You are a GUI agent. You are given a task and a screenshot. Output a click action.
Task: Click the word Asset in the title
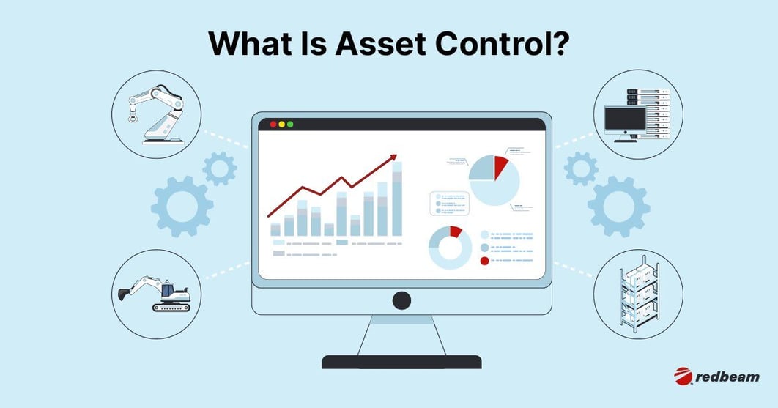tap(380, 44)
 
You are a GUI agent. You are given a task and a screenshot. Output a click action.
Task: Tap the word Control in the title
tap(502, 44)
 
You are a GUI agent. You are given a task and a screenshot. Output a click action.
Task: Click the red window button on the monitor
tap(273, 124)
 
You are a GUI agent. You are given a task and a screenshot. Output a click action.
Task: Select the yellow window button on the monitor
tap(282, 124)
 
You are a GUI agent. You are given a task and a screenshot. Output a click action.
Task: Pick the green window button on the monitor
tap(290, 124)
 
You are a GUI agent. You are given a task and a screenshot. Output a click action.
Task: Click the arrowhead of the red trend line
tap(393, 157)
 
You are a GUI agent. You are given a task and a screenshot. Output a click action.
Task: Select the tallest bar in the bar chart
tap(397, 199)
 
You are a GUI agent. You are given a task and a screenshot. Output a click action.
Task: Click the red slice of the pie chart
tap(500, 166)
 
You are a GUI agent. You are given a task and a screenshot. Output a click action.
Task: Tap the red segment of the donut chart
tap(456, 231)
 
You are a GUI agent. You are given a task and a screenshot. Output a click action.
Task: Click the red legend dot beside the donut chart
tap(484, 261)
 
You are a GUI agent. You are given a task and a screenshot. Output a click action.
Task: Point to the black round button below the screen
tap(401, 301)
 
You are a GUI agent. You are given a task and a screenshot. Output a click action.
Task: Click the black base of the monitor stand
tap(401, 362)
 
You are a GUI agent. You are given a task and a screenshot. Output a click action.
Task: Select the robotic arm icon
tap(156, 114)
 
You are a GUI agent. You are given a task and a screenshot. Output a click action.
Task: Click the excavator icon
tap(155, 294)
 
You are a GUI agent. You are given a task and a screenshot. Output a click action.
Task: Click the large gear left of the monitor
tap(182, 206)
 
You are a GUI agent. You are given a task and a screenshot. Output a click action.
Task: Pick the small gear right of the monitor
tap(581, 168)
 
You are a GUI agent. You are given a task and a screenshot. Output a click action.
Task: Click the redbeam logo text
tap(727, 377)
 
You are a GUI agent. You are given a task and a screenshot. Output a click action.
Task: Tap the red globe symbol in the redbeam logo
tap(683, 377)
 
